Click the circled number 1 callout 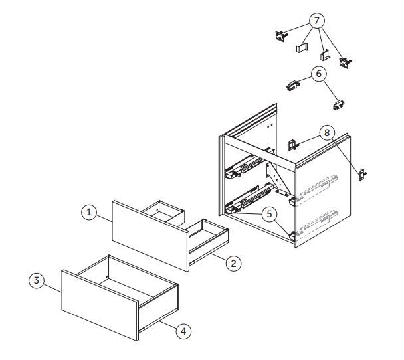coord(89,213)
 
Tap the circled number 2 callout coord(233,263)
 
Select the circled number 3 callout coord(37,280)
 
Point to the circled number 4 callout coord(183,331)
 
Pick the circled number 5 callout coord(269,214)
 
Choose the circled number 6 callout coord(319,74)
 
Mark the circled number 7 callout coord(317,20)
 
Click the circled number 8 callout coord(327,133)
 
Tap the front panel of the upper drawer coord(151,236)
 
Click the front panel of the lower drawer coord(100,305)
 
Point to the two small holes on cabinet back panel coord(270,126)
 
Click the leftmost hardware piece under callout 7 coord(281,36)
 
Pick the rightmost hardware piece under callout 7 coord(345,62)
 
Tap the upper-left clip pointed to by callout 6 coord(293,85)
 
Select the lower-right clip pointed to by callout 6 coord(339,104)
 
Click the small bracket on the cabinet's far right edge coord(363,175)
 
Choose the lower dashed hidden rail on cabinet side coord(317,223)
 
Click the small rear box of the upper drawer coord(164,214)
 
